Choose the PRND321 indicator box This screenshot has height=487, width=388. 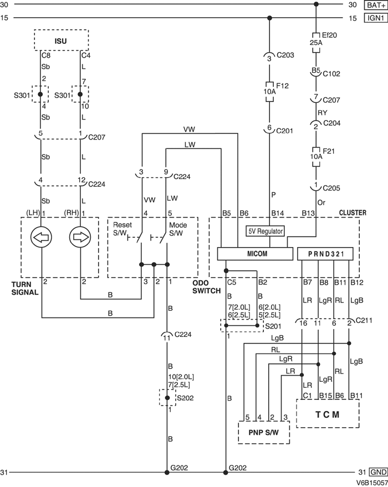tap(325, 253)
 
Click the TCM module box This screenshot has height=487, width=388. tap(328, 414)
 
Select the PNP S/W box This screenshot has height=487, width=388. tap(264, 432)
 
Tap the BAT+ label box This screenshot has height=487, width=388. tap(375, 5)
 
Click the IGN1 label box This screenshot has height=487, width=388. tap(375, 18)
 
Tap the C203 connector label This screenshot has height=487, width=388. tap(286, 55)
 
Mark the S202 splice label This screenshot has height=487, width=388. tap(185, 398)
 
